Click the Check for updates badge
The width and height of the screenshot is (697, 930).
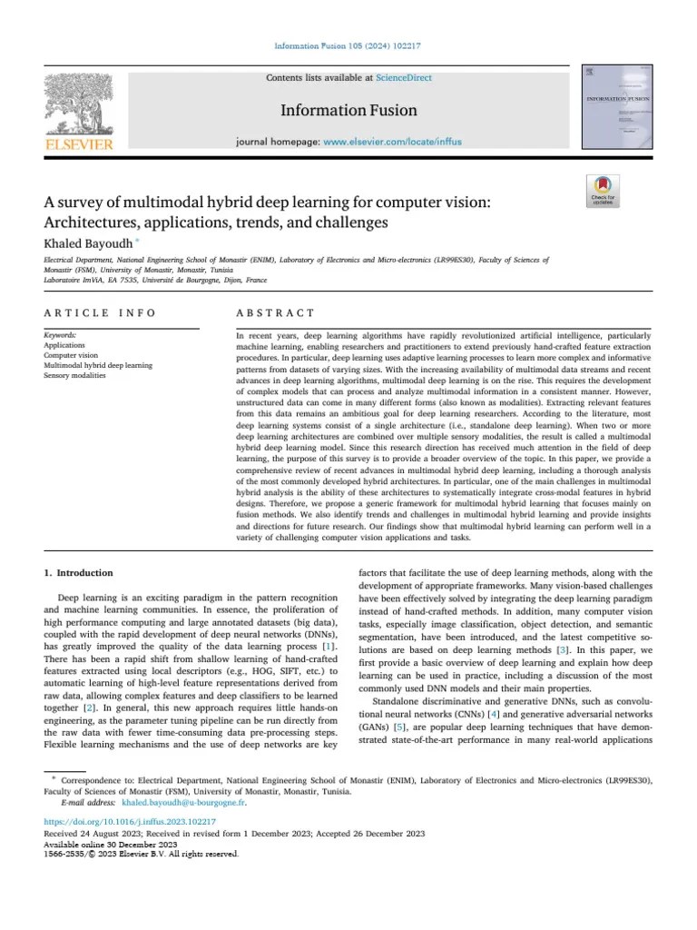tap(603, 190)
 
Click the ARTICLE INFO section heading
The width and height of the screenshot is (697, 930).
tap(100, 313)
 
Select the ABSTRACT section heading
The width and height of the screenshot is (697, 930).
tap(275, 313)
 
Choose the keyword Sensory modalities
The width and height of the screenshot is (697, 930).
tap(74, 375)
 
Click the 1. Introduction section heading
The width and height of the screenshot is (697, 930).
tap(79, 573)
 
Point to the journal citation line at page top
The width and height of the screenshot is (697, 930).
tap(348, 46)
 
